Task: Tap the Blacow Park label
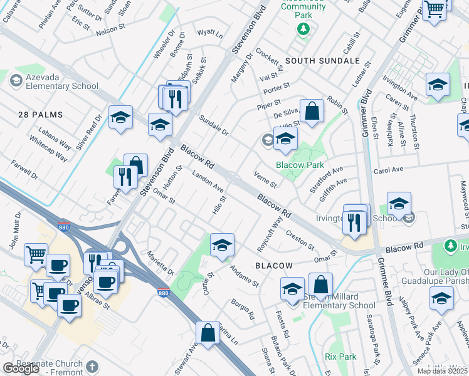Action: (300, 165)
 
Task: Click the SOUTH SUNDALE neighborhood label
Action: (322, 61)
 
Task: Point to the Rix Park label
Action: (340, 357)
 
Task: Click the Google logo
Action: (21, 368)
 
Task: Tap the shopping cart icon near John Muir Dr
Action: (36, 254)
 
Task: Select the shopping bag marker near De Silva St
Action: (312, 112)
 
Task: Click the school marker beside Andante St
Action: (222, 246)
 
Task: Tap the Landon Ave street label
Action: (208, 182)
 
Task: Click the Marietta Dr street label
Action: (161, 264)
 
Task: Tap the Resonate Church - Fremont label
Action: (43, 368)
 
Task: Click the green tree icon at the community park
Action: (303, 28)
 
